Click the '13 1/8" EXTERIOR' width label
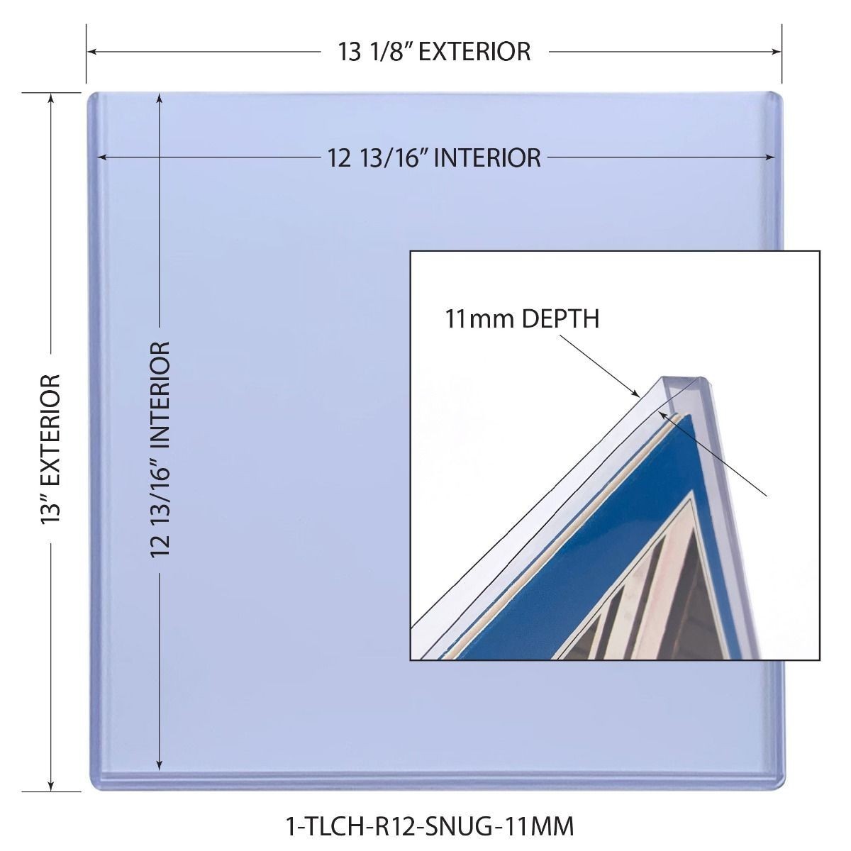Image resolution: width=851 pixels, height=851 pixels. point(434,52)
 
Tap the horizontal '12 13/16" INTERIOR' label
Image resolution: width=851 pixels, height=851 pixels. point(434,157)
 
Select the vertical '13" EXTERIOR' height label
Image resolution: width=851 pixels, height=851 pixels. point(50,449)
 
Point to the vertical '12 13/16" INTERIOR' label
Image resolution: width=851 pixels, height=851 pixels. point(160,450)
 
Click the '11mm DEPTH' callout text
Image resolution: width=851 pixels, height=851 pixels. point(522,319)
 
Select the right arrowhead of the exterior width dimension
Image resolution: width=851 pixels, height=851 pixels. point(777,52)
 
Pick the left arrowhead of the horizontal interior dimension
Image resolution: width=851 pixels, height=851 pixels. point(102,157)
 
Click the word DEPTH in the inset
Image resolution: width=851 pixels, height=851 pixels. point(560,319)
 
